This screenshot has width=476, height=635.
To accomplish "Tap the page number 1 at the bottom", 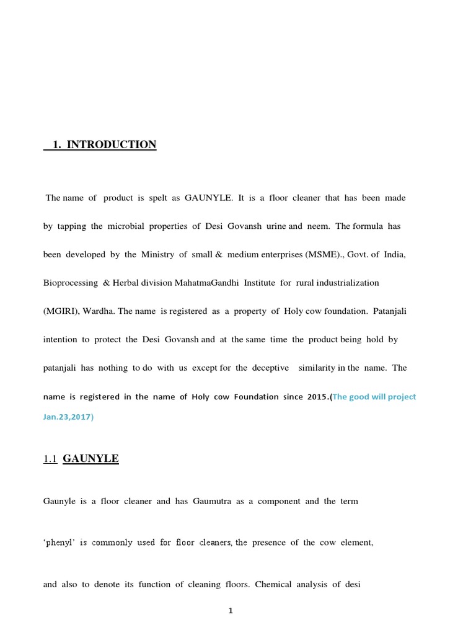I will [x=231, y=611].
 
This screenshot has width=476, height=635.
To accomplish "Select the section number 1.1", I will [x=50, y=459].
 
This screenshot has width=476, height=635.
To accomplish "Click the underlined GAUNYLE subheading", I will [x=91, y=459].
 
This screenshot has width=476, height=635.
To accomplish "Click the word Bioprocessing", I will [x=71, y=283].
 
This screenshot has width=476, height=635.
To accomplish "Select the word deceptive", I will [x=270, y=368].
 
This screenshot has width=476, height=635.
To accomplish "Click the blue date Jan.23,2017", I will [x=68, y=417].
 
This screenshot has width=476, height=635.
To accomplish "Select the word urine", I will [x=276, y=226].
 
